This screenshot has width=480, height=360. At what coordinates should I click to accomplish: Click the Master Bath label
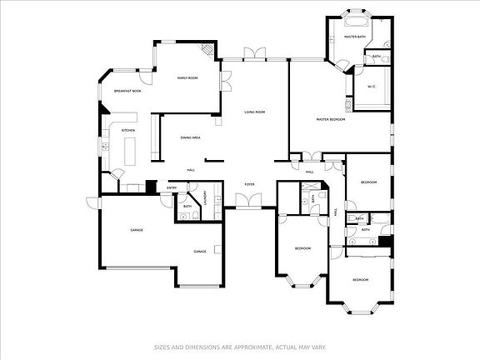(356, 37)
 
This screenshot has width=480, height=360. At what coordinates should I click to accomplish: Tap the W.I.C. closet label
(372, 86)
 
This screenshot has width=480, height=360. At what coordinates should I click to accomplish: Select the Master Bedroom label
(331, 120)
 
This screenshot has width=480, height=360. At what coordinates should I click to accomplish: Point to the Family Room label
(187, 78)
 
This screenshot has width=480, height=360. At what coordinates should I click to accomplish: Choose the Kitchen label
(128, 131)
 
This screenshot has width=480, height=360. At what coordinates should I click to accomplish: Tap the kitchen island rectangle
(131, 151)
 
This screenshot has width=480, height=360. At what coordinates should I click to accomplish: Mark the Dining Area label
(190, 137)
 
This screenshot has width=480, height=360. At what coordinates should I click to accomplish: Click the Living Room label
(254, 112)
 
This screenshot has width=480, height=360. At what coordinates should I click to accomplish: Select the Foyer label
(249, 183)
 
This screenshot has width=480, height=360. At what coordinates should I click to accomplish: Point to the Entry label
(172, 187)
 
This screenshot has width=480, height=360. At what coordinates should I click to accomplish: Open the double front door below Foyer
(247, 201)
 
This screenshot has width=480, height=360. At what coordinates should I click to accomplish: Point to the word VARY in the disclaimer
(317, 347)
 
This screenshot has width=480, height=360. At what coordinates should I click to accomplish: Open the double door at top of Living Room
(254, 55)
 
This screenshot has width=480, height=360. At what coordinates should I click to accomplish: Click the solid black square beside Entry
(151, 187)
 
